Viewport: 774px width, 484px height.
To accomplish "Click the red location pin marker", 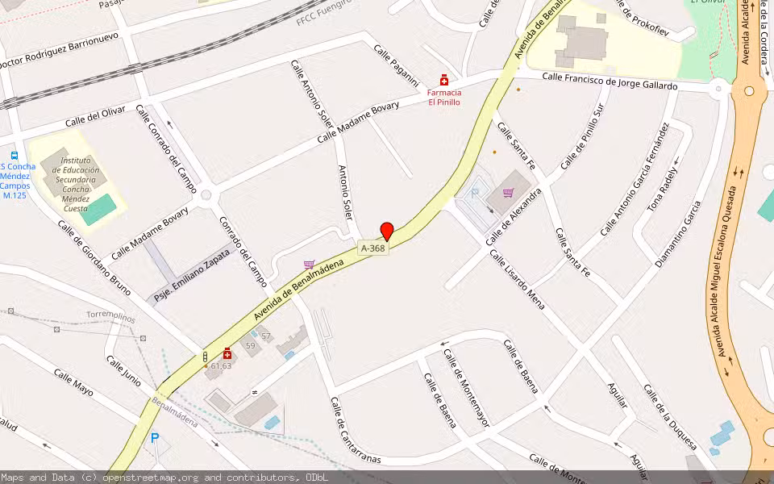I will point(387,231).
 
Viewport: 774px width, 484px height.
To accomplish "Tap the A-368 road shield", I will point(373,248).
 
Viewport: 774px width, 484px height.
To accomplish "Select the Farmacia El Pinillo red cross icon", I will point(443,81).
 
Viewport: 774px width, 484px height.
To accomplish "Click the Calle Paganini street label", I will point(397,66).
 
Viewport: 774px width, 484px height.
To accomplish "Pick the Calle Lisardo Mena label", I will point(517,279).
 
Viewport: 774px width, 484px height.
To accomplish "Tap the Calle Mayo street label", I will point(73,382).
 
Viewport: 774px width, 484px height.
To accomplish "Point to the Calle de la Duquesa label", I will point(670,416).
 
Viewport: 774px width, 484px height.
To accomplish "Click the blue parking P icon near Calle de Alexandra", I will point(474,194).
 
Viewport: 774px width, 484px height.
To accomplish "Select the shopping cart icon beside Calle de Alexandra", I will point(508,193).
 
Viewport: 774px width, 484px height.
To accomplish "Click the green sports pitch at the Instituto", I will point(98,210).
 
